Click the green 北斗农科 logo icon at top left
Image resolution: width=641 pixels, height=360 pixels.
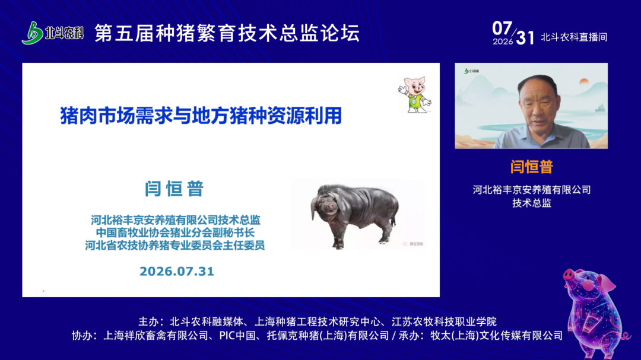tap(33, 33)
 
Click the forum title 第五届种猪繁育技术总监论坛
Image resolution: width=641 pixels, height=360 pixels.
tap(227, 33)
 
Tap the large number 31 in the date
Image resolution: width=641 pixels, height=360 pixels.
tap(525, 38)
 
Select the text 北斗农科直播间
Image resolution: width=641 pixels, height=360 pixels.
tap(574, 37)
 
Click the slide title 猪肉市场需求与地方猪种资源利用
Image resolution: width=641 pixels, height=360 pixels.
tap(201, 116)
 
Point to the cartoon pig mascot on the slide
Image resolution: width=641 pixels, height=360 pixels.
tap(414, 94)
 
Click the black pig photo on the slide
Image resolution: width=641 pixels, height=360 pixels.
tap(357, 214)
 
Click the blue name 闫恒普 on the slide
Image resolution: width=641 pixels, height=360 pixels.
tap(174, 189)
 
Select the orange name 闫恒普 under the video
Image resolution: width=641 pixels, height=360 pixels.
tap(531, 167)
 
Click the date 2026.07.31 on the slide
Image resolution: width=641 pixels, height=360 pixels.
tap(177, 271)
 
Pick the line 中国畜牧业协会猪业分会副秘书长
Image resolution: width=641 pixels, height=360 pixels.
tap(175, 232)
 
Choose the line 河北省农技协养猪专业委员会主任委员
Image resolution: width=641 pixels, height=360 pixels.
tap(175, 245)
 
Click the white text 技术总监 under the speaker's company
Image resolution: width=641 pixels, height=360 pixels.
tap(532, 203)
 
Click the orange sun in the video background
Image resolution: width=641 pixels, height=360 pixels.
tap(584, 81)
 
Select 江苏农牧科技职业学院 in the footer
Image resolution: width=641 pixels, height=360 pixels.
tap(444, 321)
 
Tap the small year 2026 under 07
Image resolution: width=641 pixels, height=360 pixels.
tap(503, 42)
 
